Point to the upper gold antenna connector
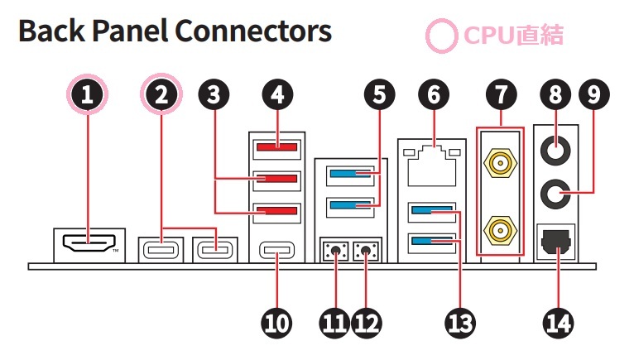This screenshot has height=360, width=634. pos(499,164)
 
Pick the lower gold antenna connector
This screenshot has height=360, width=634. pos(499,227)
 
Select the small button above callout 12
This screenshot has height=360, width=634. pos(366,251)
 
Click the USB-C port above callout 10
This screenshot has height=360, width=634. pos(276,248)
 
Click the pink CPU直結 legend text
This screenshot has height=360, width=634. pos(513,36)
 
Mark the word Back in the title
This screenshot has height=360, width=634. pos(53,32)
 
